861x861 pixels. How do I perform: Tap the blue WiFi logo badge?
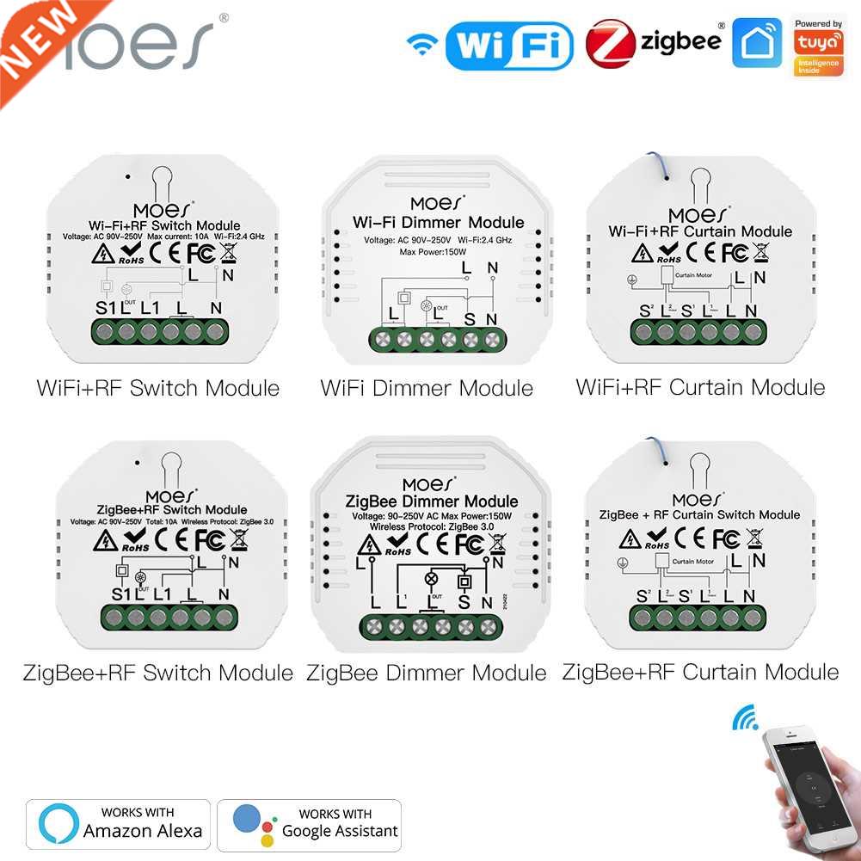[x=508, y=45]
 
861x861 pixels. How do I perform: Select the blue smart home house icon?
[x=757, y=43]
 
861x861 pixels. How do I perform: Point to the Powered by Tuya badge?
[x=818, y=46]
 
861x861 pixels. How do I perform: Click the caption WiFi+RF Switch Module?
[x=158, y=388]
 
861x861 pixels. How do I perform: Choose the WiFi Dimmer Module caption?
[x=427, y=388]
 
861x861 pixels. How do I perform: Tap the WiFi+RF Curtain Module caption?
[x=700, y=387]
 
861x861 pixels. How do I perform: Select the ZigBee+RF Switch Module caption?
[x=158, y=672]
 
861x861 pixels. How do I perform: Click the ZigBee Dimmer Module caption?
[x=427, y=672]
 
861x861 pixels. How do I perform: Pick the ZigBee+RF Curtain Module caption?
[x=700, y=671]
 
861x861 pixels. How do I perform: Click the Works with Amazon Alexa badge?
[x=119, y=824]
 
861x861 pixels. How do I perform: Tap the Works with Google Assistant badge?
[x=310, y=824]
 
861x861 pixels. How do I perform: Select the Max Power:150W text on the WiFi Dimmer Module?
[x=427, y=252]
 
